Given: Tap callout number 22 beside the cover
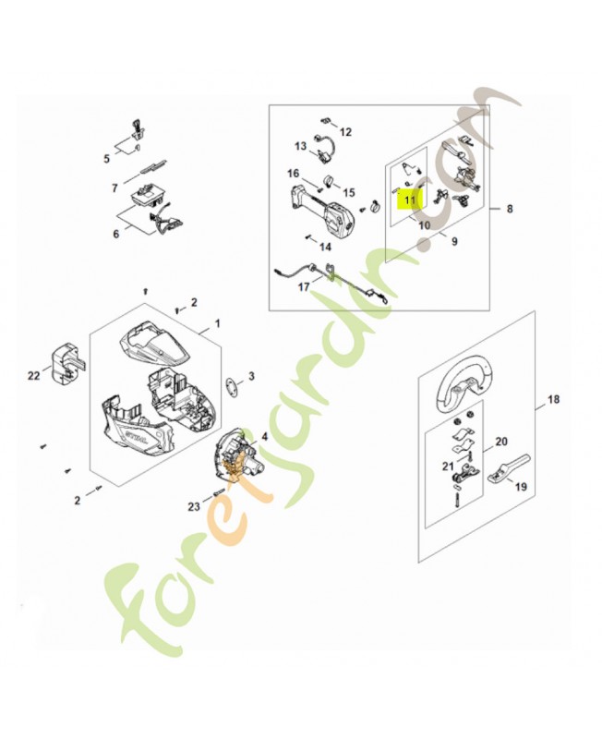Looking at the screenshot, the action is (34, 374).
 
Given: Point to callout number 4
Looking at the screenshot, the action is (265, 436).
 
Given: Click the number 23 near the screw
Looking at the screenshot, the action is (106, 158).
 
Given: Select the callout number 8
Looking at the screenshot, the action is (509, 210).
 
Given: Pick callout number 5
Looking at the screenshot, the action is (106, 158).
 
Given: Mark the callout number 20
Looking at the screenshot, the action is (501, 442).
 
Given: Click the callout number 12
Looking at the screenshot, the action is (345, 132).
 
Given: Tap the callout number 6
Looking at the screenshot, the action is (115, 235).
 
